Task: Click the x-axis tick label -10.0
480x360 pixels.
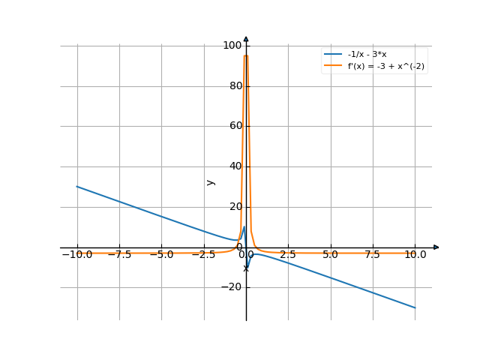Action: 76,255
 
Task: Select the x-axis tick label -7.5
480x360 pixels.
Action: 118,255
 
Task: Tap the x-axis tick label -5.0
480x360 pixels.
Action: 160,255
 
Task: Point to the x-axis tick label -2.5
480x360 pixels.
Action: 202,255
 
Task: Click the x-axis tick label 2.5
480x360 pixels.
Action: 288,255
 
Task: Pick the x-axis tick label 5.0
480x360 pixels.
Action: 330,255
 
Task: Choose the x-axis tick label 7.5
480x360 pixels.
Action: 373,255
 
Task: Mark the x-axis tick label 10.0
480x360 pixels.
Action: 415,255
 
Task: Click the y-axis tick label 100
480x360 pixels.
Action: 232,46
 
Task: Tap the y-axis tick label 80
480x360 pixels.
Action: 234,86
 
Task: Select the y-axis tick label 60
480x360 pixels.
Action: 234,126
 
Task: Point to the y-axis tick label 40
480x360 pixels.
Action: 234,166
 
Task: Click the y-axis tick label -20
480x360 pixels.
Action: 232,287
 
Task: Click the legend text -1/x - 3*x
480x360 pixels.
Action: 367,55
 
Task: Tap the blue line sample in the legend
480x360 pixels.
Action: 333,55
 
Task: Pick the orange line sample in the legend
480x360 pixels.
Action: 333,66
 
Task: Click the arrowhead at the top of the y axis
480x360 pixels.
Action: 246,39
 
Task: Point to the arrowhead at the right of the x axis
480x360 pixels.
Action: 436,247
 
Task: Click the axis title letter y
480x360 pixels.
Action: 211,181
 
